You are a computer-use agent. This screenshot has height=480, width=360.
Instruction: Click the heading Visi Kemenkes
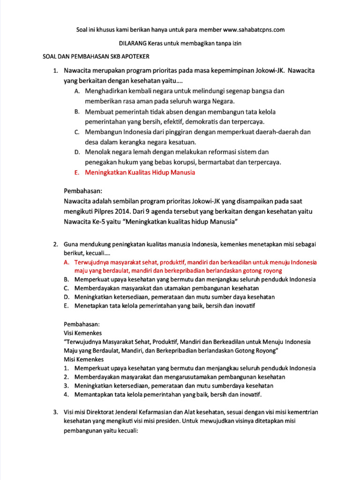pyautogui.click(x=82, y=333)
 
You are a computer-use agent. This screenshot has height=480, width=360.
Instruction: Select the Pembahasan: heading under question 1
pyautogui.click(x=83, y=191)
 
